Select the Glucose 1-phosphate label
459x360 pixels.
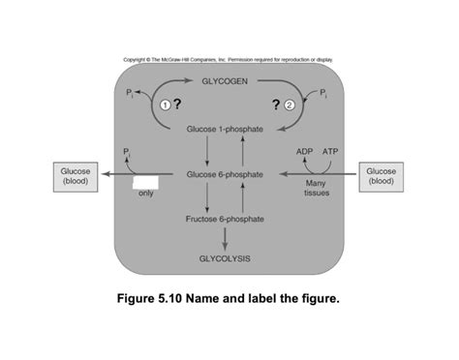click(x=224, y=129)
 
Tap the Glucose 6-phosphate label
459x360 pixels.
click(x=224, y=174)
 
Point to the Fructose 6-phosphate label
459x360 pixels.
click(x=224, y=220)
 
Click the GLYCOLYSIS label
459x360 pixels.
click(x=224, y=259)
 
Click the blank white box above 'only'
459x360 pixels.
click(x=145, y=181)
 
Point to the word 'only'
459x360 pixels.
click(x=146, y=194)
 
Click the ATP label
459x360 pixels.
click(x=330, y=152)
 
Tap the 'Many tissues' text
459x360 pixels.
click(x=316, y=188)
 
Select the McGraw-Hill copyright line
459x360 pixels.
click(x=229, y=60)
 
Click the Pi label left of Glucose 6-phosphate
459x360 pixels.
click(x=127, y=152)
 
